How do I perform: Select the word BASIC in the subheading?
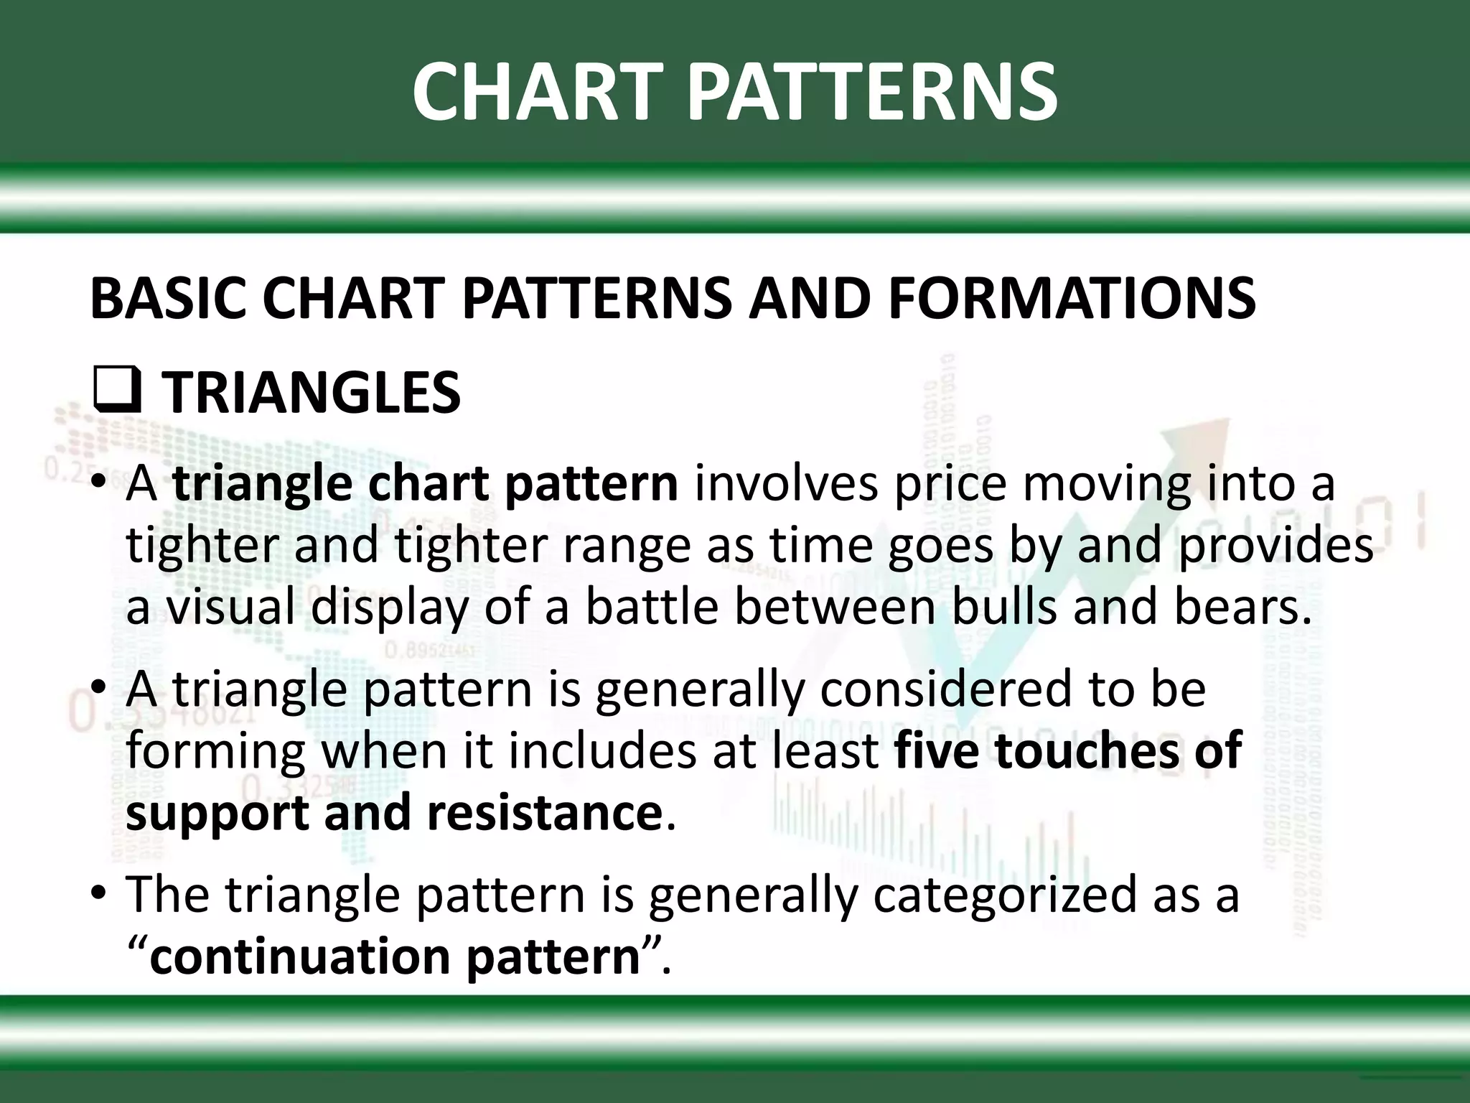point(167,299)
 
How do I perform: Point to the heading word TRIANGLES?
point(311,394)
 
